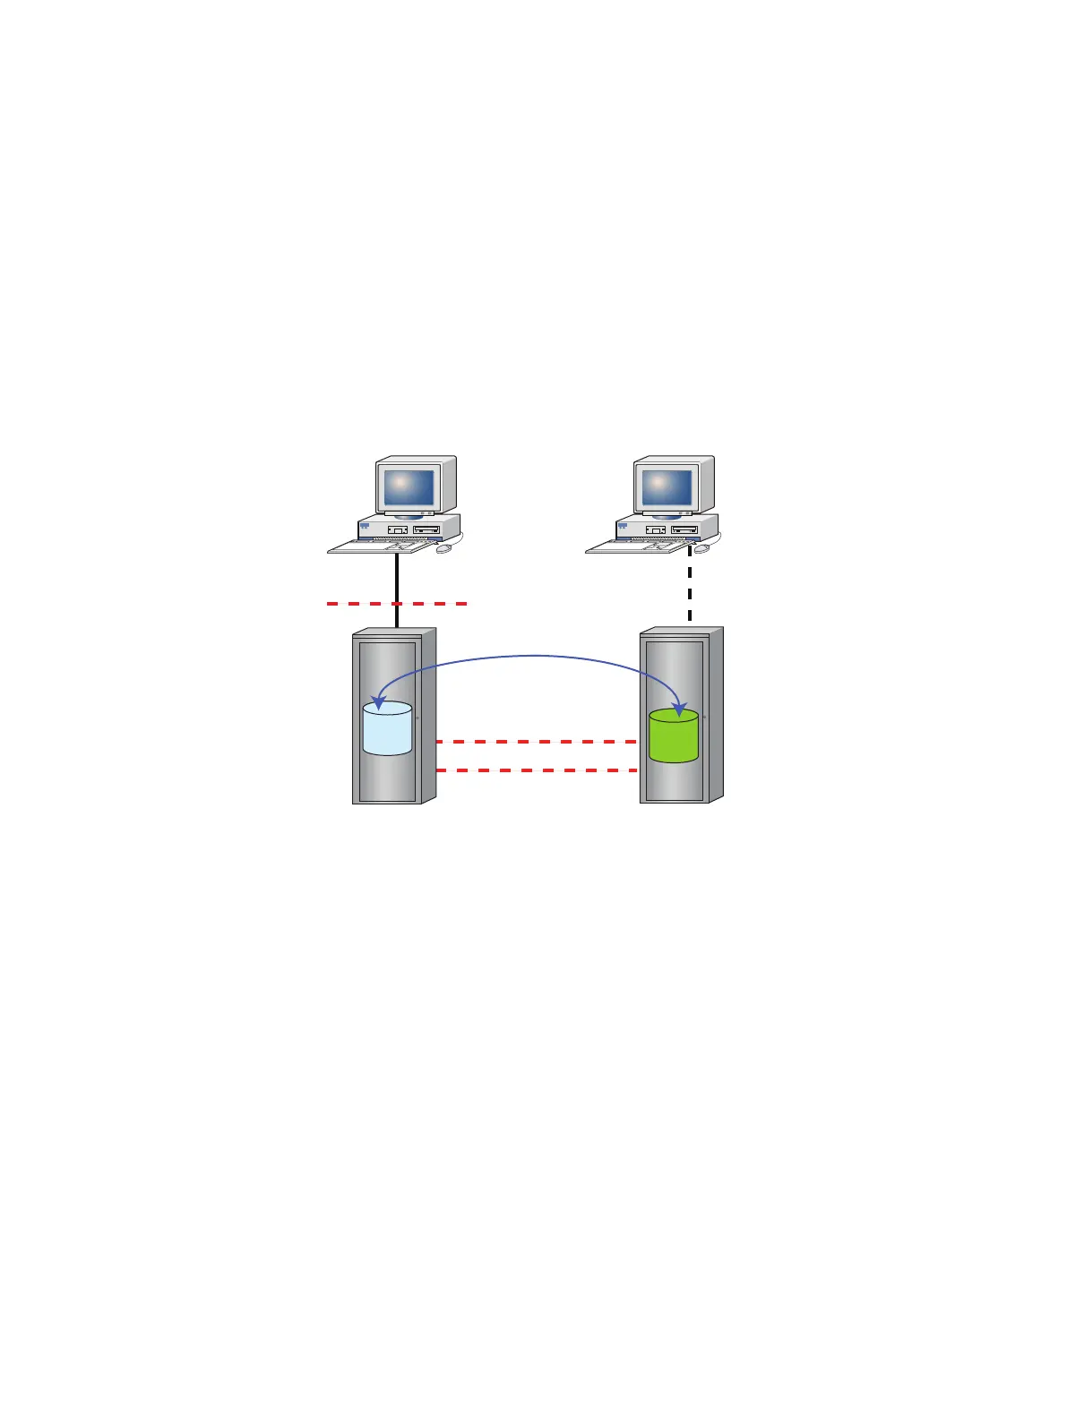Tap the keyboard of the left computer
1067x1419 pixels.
(x=380, y=546)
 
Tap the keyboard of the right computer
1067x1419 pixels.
(x=638, y=546)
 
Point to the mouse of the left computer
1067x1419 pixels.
(x=444, y=548)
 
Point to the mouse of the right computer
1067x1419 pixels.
(x=702, y=547)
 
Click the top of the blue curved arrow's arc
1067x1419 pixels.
(x=536, y=656)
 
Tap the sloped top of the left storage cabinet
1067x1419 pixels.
(x=394, y=632)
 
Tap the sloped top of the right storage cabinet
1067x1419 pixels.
(x=682, y=632)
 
